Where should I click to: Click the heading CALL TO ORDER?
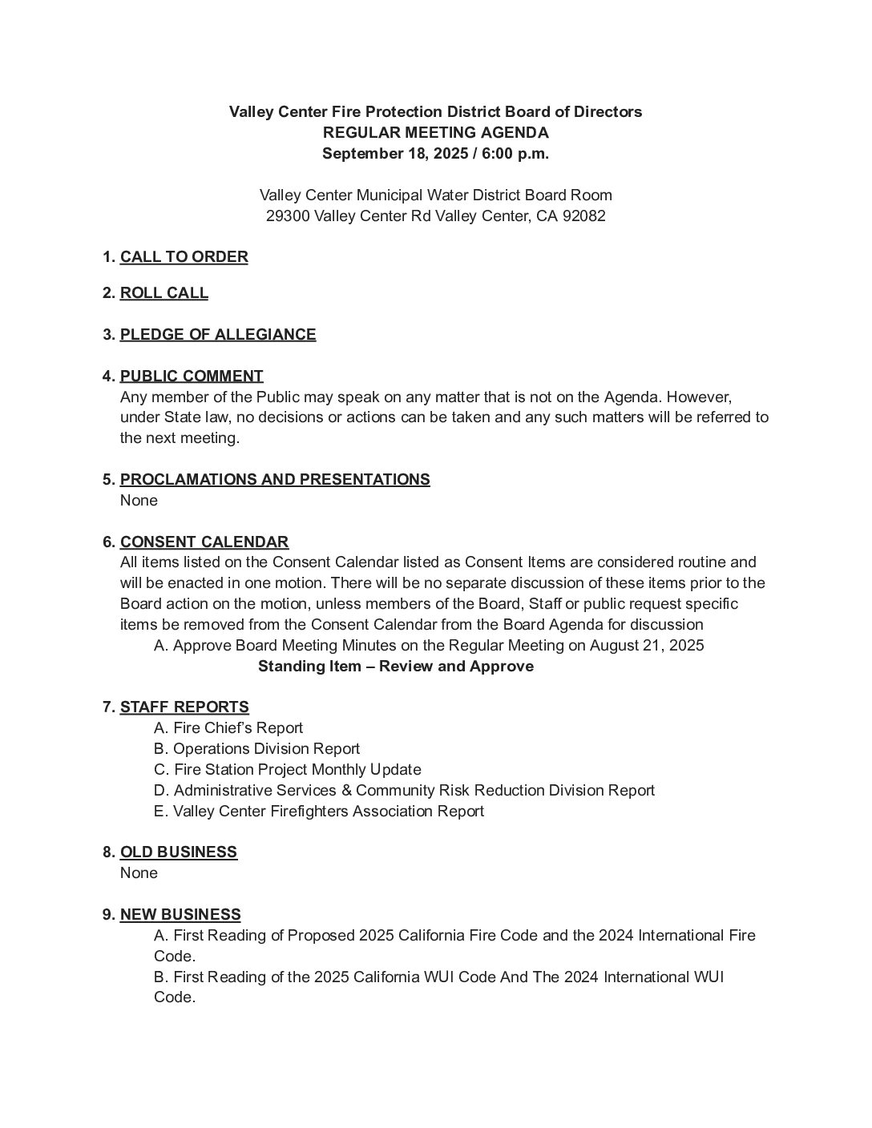(x=184, y=257)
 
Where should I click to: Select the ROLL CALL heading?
(x=163, y=293)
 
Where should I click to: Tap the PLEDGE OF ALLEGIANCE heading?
(x=218, y=335)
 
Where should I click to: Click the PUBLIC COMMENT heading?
(x=192, y=377)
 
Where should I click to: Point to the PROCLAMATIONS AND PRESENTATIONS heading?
(x=275, y=480)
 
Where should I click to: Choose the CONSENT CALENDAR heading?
(x=204, y=542)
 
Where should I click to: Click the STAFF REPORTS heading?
(x=184, y=707)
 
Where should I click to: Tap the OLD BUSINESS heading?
(x=179, y=852)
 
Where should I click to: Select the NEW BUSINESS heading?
(x=180, y=915)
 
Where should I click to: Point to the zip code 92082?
(x=584, y=216)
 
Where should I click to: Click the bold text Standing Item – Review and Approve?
(x=396, y=667)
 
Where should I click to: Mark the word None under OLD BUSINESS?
(x=139, y=873)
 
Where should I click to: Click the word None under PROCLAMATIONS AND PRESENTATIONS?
(x=139, y=501)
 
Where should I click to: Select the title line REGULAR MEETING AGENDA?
(x=436, y=133)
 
